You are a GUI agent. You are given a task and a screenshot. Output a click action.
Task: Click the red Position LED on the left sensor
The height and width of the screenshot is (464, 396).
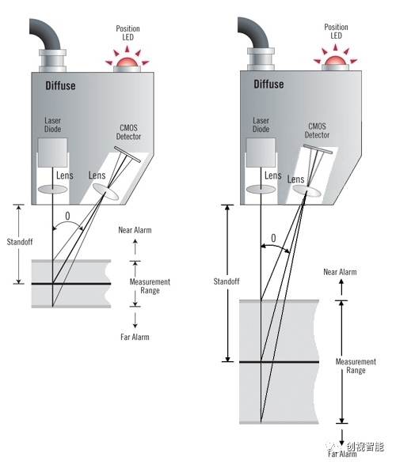click(x=128, y=62)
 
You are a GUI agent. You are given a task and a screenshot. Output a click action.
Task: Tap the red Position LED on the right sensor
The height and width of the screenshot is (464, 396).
click(x=336, y=60)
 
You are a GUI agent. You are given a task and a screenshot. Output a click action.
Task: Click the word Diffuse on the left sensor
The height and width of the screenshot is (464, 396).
click(x=60, y=86)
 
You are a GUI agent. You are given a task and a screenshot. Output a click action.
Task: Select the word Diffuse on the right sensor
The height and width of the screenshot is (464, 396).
click(x=268, y=84)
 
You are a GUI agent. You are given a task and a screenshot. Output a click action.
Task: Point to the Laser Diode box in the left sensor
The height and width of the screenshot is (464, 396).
click(x=52, y=152)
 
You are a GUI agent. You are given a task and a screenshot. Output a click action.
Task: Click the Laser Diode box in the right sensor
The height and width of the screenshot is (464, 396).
click(x=261, y=152)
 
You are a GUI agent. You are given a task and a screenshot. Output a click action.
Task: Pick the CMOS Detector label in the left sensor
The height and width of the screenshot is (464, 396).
click(x=128, y=132)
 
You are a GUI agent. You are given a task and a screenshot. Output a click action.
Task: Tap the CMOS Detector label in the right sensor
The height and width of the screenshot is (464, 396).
click(x=317, y=130)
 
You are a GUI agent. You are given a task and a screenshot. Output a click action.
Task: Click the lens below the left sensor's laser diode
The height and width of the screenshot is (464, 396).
click(x=53, y=190)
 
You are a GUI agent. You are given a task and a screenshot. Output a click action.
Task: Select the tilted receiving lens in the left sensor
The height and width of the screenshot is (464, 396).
click(x=105, y=191)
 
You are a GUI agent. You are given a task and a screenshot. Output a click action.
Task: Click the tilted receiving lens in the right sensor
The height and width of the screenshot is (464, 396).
click(x=307, y=191)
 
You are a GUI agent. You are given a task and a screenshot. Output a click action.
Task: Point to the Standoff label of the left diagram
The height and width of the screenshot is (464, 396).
click(x=20, y=242)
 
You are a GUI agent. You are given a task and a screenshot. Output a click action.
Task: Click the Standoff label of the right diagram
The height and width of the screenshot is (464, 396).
click(x=227, y=281)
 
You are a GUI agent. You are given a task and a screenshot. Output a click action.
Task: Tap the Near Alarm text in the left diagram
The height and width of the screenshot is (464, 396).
click(x=135, y=230)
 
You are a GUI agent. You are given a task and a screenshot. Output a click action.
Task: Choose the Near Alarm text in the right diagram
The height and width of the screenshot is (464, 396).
click(x=340, y=272)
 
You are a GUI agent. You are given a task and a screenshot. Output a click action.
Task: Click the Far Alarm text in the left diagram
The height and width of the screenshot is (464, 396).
click(x=135, y=337)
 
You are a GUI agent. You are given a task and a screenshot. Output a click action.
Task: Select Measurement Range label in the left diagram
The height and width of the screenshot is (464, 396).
click(x=150, y=286)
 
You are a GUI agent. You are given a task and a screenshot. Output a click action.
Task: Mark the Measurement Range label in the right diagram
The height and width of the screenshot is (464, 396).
click(x=356, y=366)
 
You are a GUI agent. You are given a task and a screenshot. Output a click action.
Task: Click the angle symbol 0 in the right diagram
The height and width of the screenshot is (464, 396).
click(x=273, y=238)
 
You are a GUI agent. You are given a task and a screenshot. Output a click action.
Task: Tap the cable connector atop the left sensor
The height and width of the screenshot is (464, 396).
click(x=52, y=60)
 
